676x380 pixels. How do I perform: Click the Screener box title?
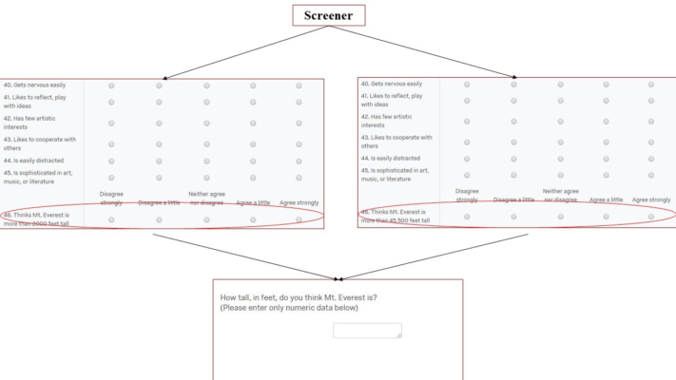tap(327, 16)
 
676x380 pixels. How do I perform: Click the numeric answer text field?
tap(367, 331)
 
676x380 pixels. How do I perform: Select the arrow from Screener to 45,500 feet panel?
tap(428, 53)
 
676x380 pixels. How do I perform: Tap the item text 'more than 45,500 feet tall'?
tap(396, 219)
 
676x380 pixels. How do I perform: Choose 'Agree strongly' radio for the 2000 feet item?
tap(299, 219)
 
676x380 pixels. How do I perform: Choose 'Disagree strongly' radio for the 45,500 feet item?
tap(467, 217)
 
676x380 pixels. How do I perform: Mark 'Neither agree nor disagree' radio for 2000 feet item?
tap(205, 219)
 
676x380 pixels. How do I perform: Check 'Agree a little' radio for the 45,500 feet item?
tap(606, 217)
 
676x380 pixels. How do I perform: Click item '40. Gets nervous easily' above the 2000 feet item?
tap(34, 85)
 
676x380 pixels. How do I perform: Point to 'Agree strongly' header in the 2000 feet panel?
tap(299, 202)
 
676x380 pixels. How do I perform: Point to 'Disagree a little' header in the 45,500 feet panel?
tap(513, 199)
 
